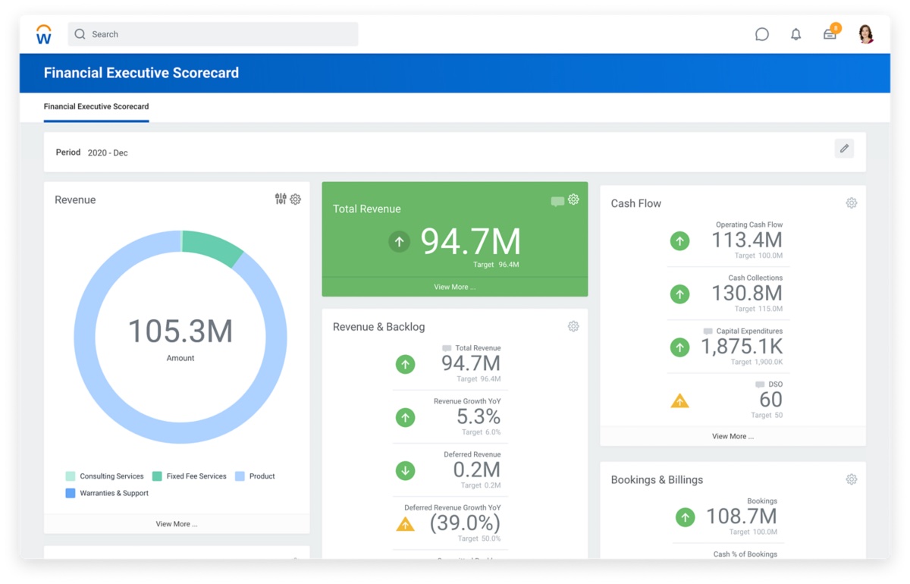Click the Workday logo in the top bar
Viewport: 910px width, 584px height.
(x=44, y=34)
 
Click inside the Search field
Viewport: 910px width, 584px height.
(x=212, y=34)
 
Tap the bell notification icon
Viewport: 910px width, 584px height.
(x=795, y=34)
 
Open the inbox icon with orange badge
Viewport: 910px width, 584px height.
(x=830, y=34)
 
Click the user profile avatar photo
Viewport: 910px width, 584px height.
(x=865, y=34)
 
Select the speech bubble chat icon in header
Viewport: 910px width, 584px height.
(x=762, y=34)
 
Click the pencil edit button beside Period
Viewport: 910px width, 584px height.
(x=844, y=149)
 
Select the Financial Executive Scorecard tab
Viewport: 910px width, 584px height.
(x=96, y=107)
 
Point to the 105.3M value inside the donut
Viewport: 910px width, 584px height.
(x=180, y=331)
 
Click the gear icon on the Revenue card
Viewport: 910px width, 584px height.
(x=296, y=199)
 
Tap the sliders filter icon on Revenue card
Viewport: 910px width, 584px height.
(x=281, y=199)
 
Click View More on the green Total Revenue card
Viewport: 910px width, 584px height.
(x=454, y=287)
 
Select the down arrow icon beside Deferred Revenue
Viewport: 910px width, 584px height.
(x=406, y=471)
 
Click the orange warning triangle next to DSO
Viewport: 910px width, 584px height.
(x=680, y=401)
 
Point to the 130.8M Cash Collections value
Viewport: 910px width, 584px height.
(x=746, y=293)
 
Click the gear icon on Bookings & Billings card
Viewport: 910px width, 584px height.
(x=852, y=479)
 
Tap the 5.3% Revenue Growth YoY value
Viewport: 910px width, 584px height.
(x=478, y=416)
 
